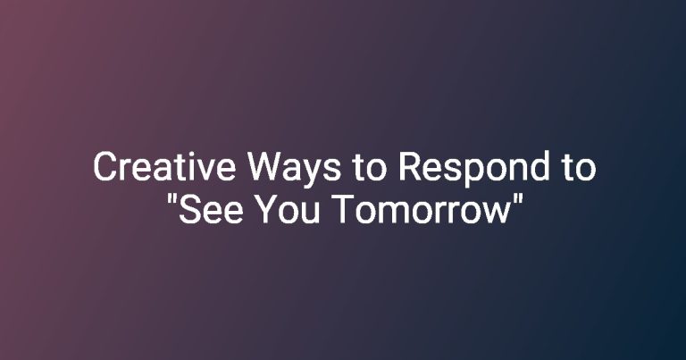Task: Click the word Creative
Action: pos(164,167)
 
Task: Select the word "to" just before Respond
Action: pos(369,168)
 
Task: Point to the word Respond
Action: pos(473,170)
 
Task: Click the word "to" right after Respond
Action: pos(579,168)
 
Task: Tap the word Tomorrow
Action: pos(421,209)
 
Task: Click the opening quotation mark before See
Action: pos(171,199)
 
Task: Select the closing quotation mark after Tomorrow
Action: pos(517,199)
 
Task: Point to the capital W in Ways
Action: pos(264,167)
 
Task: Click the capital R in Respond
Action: pos(410,167)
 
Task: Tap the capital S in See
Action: pos(189,209)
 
